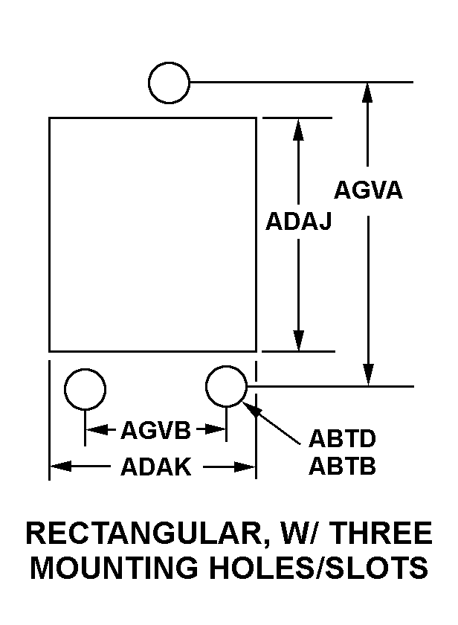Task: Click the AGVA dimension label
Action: (x=368, y=190)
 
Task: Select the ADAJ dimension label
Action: (x=298, y=221)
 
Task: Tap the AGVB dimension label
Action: (x=155, y=431)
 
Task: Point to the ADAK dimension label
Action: (x=155, y=467)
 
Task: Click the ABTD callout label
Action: (x=342, y=438)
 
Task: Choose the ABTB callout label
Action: (x=342, y=466)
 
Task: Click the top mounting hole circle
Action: (x=169, y=83)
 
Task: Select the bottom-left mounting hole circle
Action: (x=85, y=389)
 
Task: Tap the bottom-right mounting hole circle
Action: (x=226, y=386)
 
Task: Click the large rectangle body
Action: (x=152, y=235)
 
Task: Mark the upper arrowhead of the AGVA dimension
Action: (x=367, y=93)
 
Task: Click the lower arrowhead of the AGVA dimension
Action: (x=369, y=375)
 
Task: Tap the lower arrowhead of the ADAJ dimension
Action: (x=299, y=341)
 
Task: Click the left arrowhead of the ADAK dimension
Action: (x=61, y=467)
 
